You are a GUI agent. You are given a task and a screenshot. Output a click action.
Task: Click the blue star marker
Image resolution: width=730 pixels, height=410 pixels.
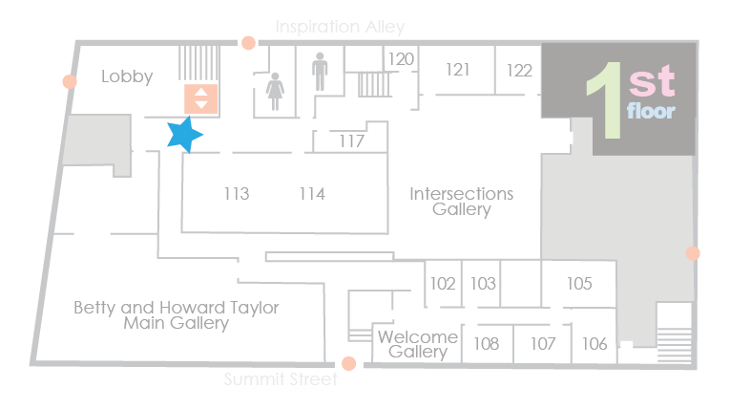[x=184, y=135]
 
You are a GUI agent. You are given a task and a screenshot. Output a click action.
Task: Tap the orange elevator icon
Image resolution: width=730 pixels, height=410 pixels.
[x=200, y=98]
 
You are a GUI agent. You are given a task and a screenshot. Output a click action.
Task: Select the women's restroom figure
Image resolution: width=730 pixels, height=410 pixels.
[x=275, y=92]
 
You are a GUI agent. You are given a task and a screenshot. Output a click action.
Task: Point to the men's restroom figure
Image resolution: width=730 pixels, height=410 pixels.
[x=320, y=72]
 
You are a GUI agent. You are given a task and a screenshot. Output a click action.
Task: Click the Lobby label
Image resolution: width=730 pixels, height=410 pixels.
[x=127, y=76]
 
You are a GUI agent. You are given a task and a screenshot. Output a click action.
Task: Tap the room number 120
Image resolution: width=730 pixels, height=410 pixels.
[x=401, y=59]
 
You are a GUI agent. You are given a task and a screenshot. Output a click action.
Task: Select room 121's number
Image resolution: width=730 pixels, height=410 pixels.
[x=458, y=70]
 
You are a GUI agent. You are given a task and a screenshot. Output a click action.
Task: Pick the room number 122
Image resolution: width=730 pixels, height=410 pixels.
[x=519, y=71]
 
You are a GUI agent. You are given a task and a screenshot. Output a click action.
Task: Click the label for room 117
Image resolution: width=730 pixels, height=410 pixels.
[x=351, y=140]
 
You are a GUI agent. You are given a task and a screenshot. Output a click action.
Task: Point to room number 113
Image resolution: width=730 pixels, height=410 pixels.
[x=237, y=194]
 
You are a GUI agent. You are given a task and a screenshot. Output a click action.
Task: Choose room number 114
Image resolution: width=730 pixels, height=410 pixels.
[x=312, y=194]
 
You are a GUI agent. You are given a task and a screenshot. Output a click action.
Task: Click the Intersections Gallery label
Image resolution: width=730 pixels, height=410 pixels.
[x=461, y=202]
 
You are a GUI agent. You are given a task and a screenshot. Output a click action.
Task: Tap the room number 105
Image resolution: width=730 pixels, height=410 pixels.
[x=579, y=283]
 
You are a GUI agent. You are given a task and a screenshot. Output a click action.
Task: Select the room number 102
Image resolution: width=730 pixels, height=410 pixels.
[x=442, y=283]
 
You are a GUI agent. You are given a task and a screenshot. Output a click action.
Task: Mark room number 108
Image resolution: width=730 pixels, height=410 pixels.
[x=486, y=344]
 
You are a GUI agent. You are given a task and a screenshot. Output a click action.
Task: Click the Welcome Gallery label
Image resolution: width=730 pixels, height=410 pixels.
[x=418, y=344]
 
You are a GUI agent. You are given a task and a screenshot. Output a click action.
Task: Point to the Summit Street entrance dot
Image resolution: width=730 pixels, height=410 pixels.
[x=348, y=363]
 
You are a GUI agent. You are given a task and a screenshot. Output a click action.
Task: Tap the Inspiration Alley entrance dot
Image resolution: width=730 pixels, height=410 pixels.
[x=249, y=43]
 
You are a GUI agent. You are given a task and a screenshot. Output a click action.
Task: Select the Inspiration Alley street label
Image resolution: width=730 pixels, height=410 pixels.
[x=340, y=27]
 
